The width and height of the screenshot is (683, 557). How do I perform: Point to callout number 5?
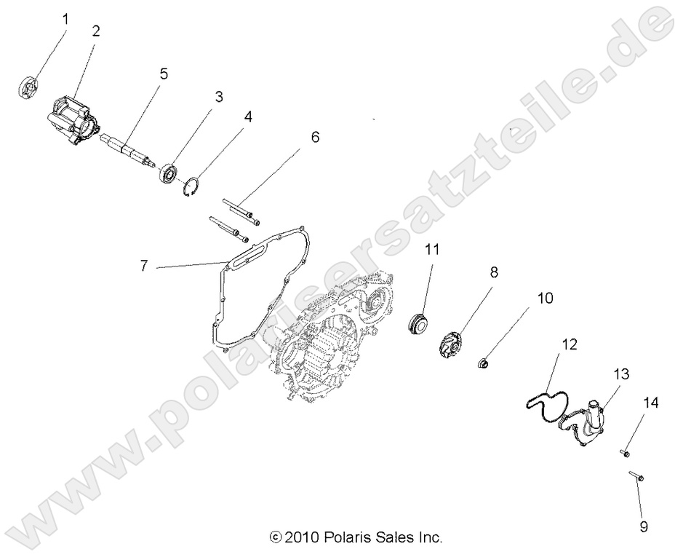pos(164,73)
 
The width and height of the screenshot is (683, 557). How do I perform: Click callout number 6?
pos(314,136)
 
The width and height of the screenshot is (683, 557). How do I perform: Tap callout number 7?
pos(144,266)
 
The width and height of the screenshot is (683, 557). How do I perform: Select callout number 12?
pos(570,344)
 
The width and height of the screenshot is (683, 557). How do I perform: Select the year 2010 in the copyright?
pos(299,538)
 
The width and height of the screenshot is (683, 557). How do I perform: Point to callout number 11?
pos(432,249)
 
